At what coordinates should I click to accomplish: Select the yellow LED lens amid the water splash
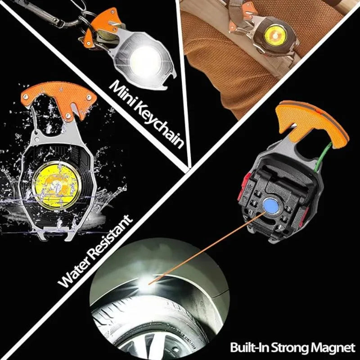[57, 185]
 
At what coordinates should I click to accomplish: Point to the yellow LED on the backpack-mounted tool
[275, 35]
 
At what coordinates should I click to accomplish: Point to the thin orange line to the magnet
[207, 248]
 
